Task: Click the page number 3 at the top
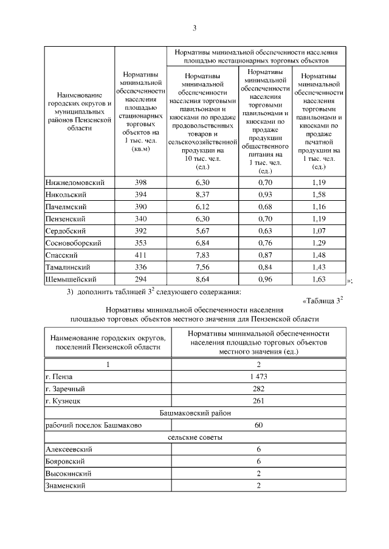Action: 194,27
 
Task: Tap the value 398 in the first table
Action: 140,183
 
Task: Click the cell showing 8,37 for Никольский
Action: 202,195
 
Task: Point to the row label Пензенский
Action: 66,219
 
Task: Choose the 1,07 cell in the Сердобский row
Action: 318,231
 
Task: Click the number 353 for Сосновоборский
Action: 140,243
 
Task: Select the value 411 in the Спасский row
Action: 140,255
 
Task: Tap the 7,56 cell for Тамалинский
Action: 202,268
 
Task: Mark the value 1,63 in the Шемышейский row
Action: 318,280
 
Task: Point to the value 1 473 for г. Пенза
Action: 258,377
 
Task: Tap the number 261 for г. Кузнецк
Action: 258,401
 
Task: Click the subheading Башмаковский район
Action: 194,413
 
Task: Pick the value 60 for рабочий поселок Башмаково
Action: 258,425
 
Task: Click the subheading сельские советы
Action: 194,437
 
